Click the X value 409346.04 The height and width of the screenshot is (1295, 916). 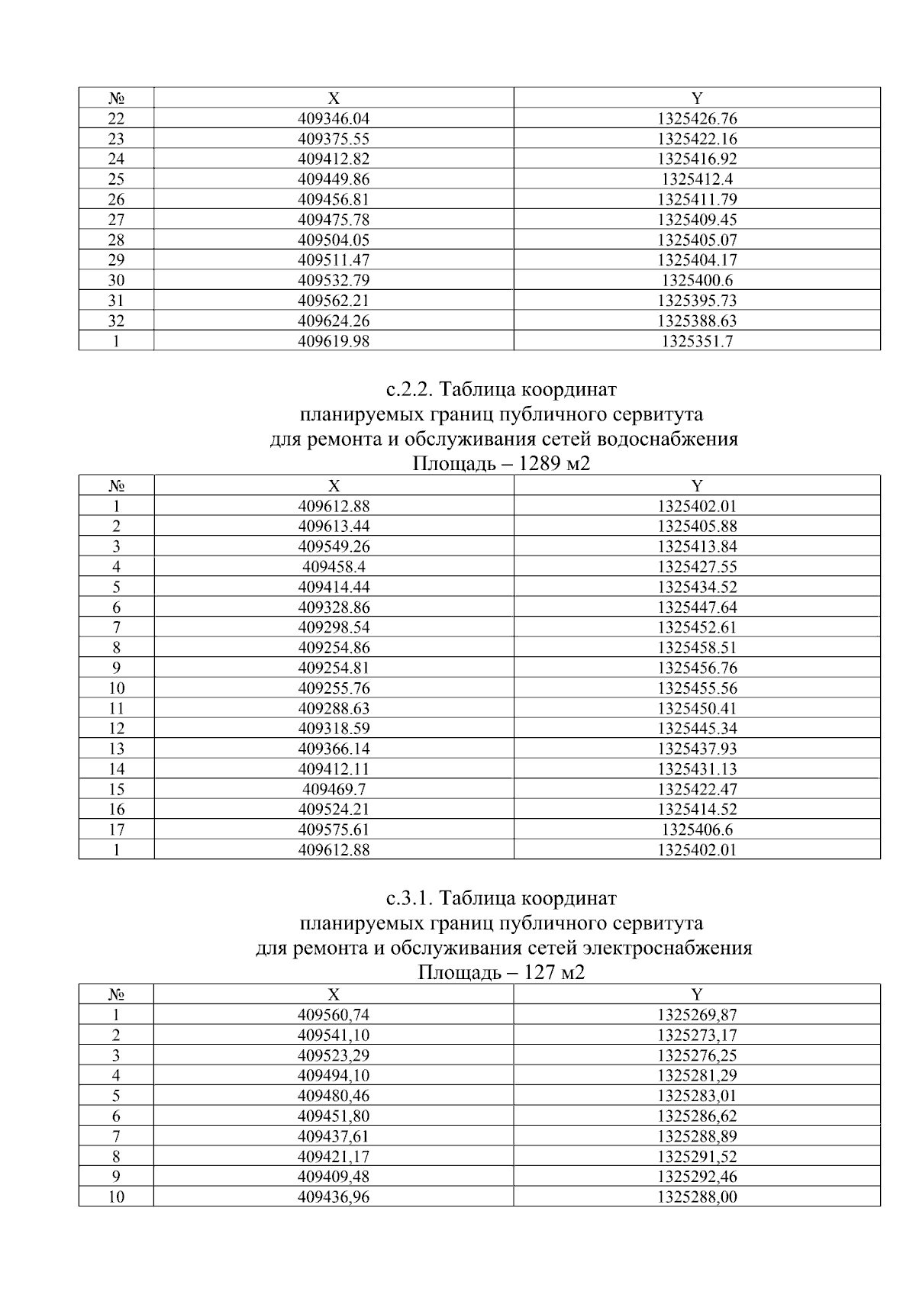click(x=334, y=119)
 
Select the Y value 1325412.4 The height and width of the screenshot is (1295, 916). click(x=697, y=179)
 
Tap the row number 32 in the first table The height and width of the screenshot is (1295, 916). click(x=116, y=321)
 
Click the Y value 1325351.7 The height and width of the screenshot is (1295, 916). click(x=697, y=342)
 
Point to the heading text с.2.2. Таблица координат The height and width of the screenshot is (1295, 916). click(x=502, y=390)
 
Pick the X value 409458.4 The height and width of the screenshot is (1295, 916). click(x=334, y=567)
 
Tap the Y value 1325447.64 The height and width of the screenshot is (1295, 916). click(x=697, y=607)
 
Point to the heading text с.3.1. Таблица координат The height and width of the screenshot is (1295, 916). click(x=502, y=898)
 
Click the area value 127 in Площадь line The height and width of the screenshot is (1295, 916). click(x=539, y=973)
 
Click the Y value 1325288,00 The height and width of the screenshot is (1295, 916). click(x=697, y=1197)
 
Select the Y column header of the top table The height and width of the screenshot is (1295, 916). click(x=697, y=98)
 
